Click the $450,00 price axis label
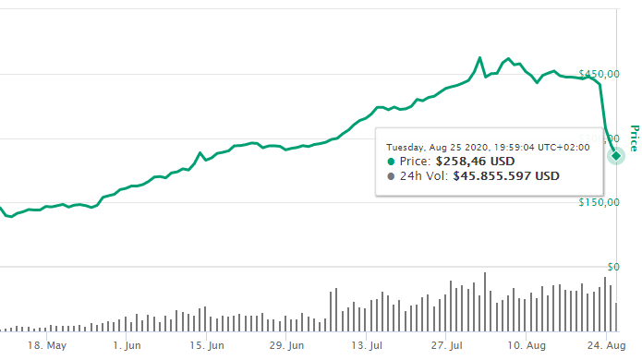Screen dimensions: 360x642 point(597,74)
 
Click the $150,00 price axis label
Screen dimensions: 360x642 point(597,202)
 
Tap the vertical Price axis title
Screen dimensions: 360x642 point(635,138)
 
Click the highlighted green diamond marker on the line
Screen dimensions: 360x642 point(615,155)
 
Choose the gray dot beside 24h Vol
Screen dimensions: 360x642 point(391,175)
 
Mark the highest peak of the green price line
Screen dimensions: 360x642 point(479,58)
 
